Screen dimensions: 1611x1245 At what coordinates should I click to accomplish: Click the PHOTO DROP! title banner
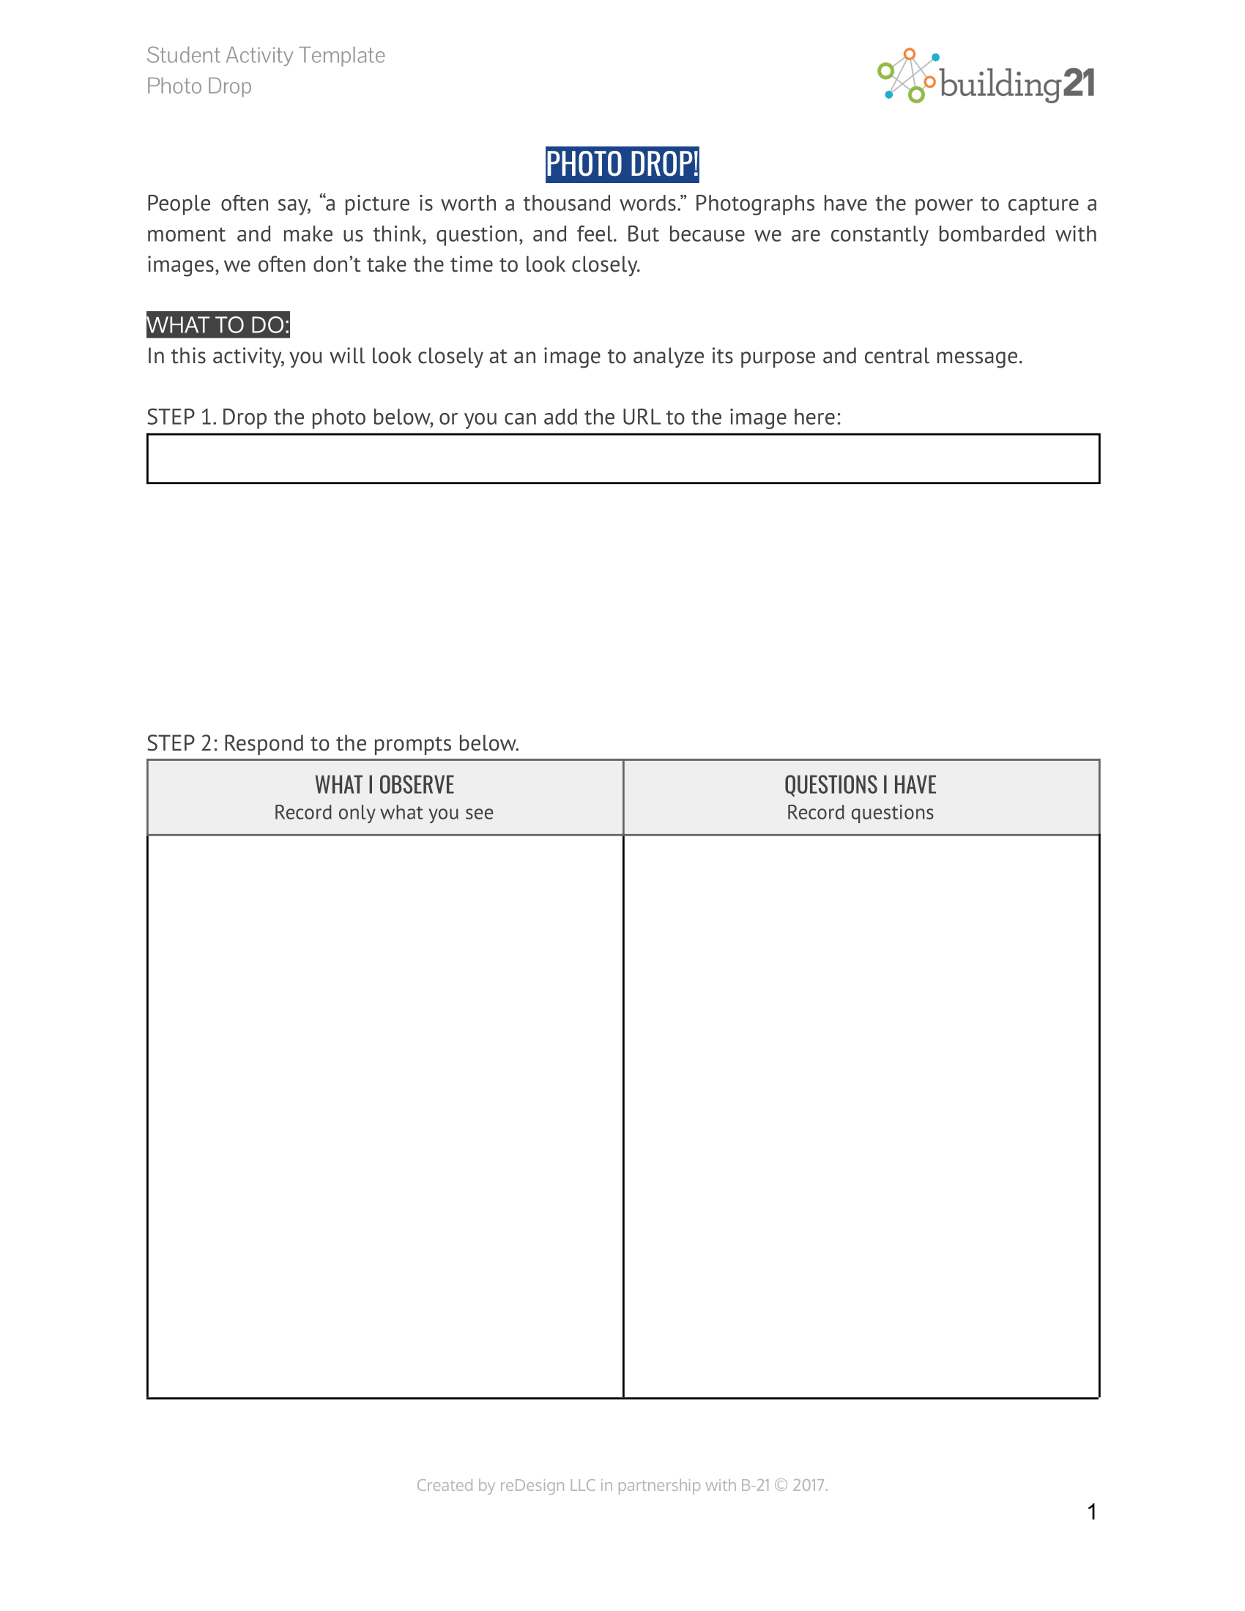click(621, 165)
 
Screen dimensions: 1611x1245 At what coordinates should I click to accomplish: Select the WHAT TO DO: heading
click(218, 324)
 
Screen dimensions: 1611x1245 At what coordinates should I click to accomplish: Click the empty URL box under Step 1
click(622, 459)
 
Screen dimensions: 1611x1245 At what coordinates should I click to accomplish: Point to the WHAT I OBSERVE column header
click(384, 785)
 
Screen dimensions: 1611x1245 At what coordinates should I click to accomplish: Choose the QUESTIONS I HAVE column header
click(860, 785)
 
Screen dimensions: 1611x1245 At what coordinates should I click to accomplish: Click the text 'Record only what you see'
click(384, 813)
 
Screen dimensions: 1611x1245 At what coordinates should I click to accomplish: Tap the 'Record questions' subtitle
click(860, 813)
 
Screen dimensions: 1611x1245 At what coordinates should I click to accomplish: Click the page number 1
click(1092, 1512)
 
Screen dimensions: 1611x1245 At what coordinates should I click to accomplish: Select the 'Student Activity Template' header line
click(266, 56)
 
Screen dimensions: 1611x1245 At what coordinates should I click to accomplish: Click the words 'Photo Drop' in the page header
click(199, 86)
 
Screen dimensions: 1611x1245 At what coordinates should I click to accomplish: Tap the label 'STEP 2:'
click(182, 743)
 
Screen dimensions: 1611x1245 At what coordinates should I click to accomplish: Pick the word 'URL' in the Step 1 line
click(640, 417)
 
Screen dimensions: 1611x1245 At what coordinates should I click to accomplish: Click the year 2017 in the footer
click(809, 1486)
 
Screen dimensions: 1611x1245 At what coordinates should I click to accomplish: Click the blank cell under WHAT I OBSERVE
click(384, 1115)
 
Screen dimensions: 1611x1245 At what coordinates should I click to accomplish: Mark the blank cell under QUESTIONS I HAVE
click(861, 1115)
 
